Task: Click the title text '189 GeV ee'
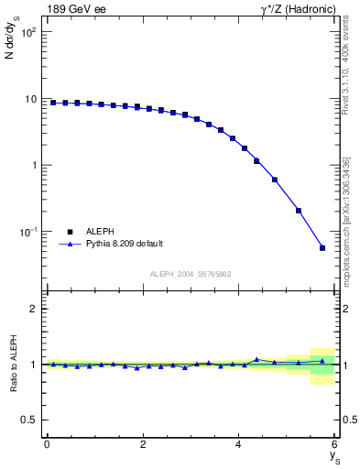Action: coord(74,10)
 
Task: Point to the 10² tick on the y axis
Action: coord(27,32)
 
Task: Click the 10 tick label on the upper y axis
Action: coord(29,99)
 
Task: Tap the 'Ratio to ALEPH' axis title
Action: coord(12,364)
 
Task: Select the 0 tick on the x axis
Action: coord(47,444)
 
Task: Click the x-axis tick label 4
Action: coord(238,444)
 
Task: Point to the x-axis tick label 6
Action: coord(334,444)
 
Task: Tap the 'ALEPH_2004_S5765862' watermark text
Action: coord(191,274)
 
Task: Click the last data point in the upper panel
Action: coord(322,247)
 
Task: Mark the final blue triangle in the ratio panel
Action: coord(322,361)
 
